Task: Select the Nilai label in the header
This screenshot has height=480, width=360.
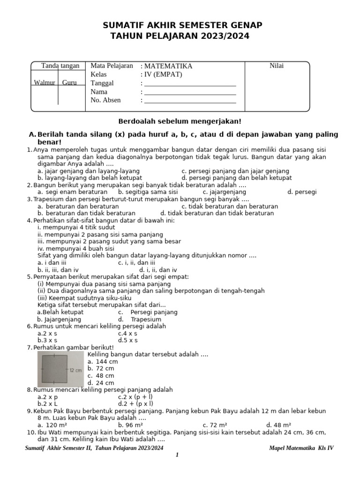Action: [277, 66]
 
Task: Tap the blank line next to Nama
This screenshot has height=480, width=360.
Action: [190, 93]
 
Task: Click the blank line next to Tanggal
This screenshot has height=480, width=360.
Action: [190, 84]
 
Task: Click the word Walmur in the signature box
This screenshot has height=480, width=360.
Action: [45, 83]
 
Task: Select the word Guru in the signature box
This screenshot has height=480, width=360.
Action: [69, 83]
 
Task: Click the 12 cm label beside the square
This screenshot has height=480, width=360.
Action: [76, 370]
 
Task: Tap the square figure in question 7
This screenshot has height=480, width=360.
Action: [55, 368]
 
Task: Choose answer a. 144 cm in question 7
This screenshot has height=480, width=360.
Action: [103, 362]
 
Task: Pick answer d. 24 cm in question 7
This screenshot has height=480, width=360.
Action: [101, 383]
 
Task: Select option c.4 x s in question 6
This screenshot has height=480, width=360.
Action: [127, 333]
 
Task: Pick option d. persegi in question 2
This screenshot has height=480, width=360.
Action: [302, 192]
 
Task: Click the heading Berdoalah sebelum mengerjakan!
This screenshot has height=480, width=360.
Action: [180, 121]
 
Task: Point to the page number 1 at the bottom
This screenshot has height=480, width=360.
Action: [177, 455]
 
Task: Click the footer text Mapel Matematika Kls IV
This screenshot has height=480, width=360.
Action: [301, 448]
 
